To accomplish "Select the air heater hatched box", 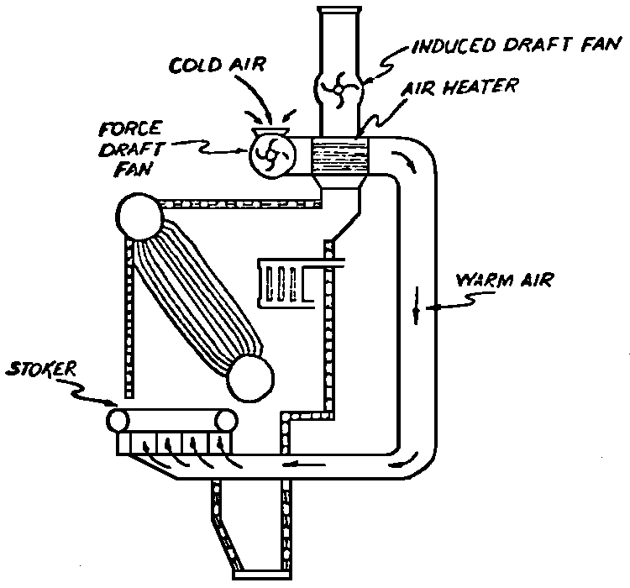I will [340, 157].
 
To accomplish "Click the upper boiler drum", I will [139, 218].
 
